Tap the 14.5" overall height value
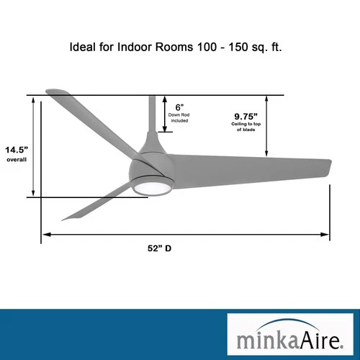(16, 150)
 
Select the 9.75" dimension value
(246, 116)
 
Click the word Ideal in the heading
(82, 50)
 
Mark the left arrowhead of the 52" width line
(45, 234)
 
